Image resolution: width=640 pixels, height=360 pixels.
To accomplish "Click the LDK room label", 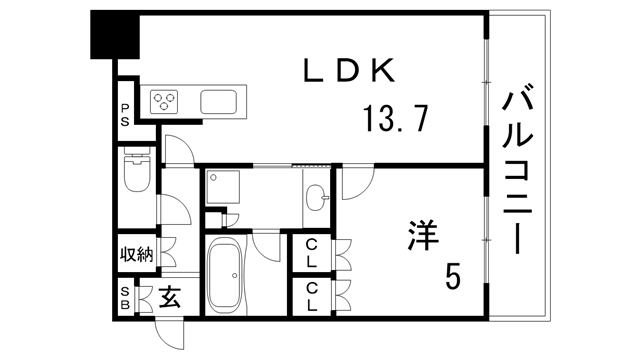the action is [350, 71].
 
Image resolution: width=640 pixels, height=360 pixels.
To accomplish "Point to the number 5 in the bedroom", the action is [453, 276].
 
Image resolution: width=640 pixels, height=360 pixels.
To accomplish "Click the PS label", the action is [125, 114].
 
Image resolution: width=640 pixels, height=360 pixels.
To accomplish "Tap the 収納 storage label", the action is [136, 254].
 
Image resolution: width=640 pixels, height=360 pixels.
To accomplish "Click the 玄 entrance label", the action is [169, 298].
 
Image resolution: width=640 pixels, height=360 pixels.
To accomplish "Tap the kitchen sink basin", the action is [219, 101].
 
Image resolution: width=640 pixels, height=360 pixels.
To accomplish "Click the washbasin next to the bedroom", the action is [316, 194].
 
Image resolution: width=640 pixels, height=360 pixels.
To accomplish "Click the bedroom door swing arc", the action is [355, 182].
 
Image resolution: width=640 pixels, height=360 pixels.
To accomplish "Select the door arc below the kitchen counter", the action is [178, 148].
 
